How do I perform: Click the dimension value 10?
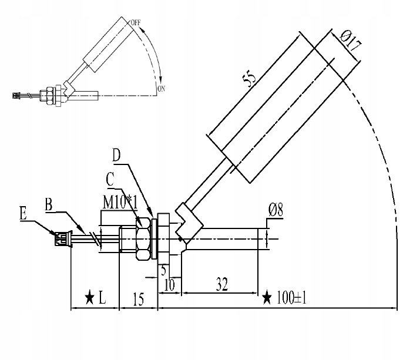(x=170, y=285)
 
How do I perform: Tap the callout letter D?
(x=116, y=155)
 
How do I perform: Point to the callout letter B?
(x=49, y=205)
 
